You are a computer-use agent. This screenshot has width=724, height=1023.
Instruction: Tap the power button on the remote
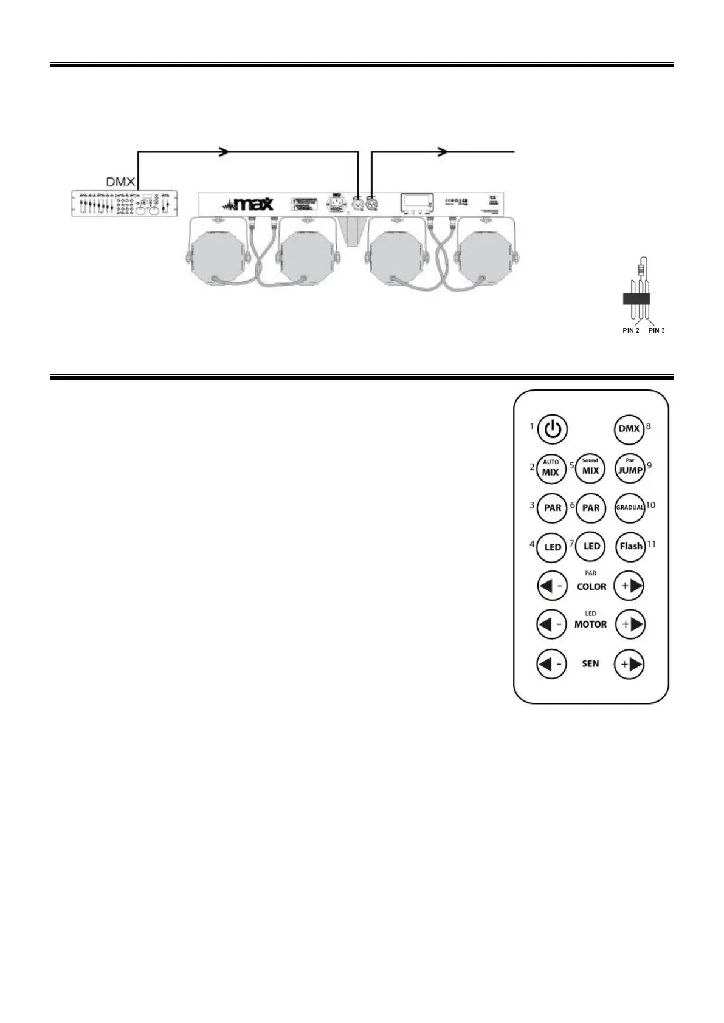[552, 429]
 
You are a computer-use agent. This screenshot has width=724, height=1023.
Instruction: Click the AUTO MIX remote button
[551, 468]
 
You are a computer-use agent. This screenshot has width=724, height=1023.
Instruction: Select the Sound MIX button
[590, 468]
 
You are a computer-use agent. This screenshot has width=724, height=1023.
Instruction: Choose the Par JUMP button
[630, 468]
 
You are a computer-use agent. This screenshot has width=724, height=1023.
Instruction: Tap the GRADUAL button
[630, 507]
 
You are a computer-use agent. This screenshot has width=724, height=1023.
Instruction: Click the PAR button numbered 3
[552, 508]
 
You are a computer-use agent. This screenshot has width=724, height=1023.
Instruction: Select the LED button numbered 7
[591, 546]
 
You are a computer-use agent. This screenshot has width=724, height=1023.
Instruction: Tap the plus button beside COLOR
[629, 586]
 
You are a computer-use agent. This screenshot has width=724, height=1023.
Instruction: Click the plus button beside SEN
[629, 664]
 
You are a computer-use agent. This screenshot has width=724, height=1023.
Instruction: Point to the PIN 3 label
[657, 330]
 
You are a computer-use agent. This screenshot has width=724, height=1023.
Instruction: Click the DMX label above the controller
[121, 182]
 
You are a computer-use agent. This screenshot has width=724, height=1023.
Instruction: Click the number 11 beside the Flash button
[651, 544]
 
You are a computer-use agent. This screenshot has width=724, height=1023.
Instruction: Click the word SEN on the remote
[590, 664]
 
